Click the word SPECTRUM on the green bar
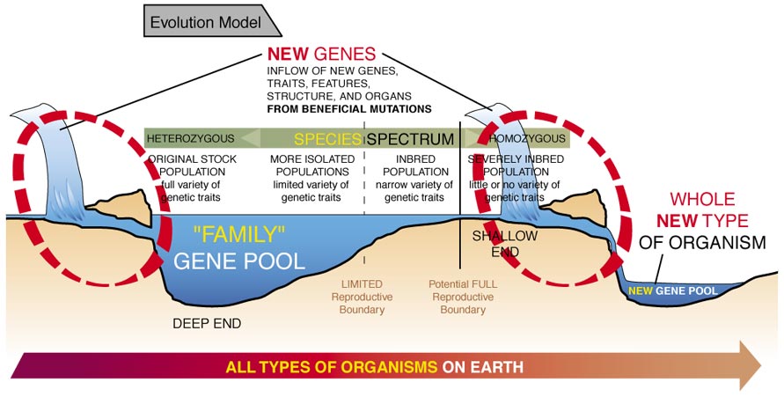[x=410, y=139]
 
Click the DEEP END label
[x=206, y=324]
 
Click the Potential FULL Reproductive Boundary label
[x=462, y=297]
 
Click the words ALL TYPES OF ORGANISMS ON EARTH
[x=375, y=366]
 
